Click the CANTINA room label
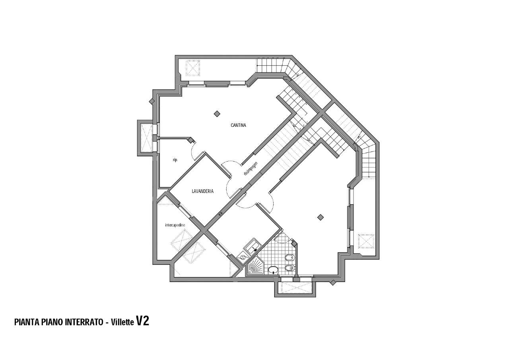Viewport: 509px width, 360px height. pos(239,125)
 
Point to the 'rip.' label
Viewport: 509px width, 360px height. pos(175,160)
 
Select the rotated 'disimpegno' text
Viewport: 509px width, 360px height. pos(251,169)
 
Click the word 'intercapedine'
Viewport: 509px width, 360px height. pos(175,226)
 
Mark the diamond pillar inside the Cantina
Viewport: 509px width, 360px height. pos(217,114)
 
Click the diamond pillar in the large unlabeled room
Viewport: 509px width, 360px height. pos(321,217)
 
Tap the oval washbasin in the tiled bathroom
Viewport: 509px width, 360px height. pos(273,270)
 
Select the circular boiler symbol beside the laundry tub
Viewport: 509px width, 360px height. pos(242,258)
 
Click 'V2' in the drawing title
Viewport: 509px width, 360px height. pos(142,321)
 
